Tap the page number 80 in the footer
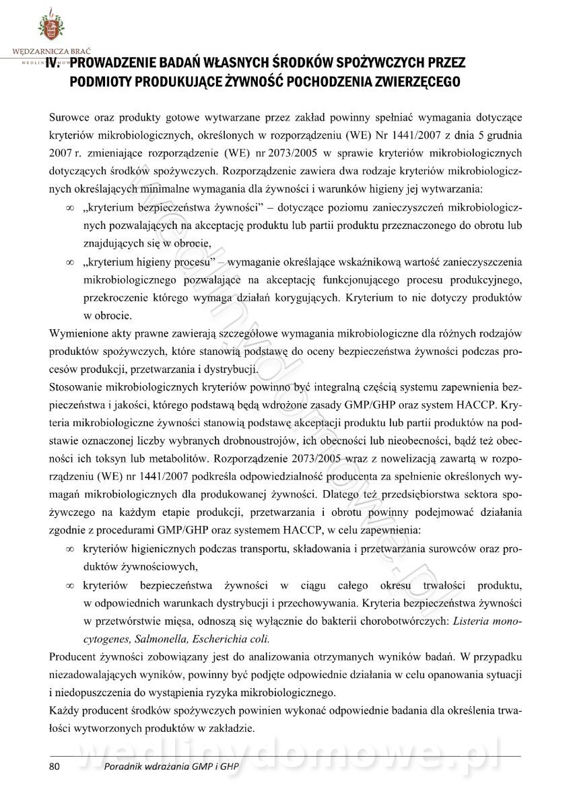point(55,767)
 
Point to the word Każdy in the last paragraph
point(64,710)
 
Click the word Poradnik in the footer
point(126,767)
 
